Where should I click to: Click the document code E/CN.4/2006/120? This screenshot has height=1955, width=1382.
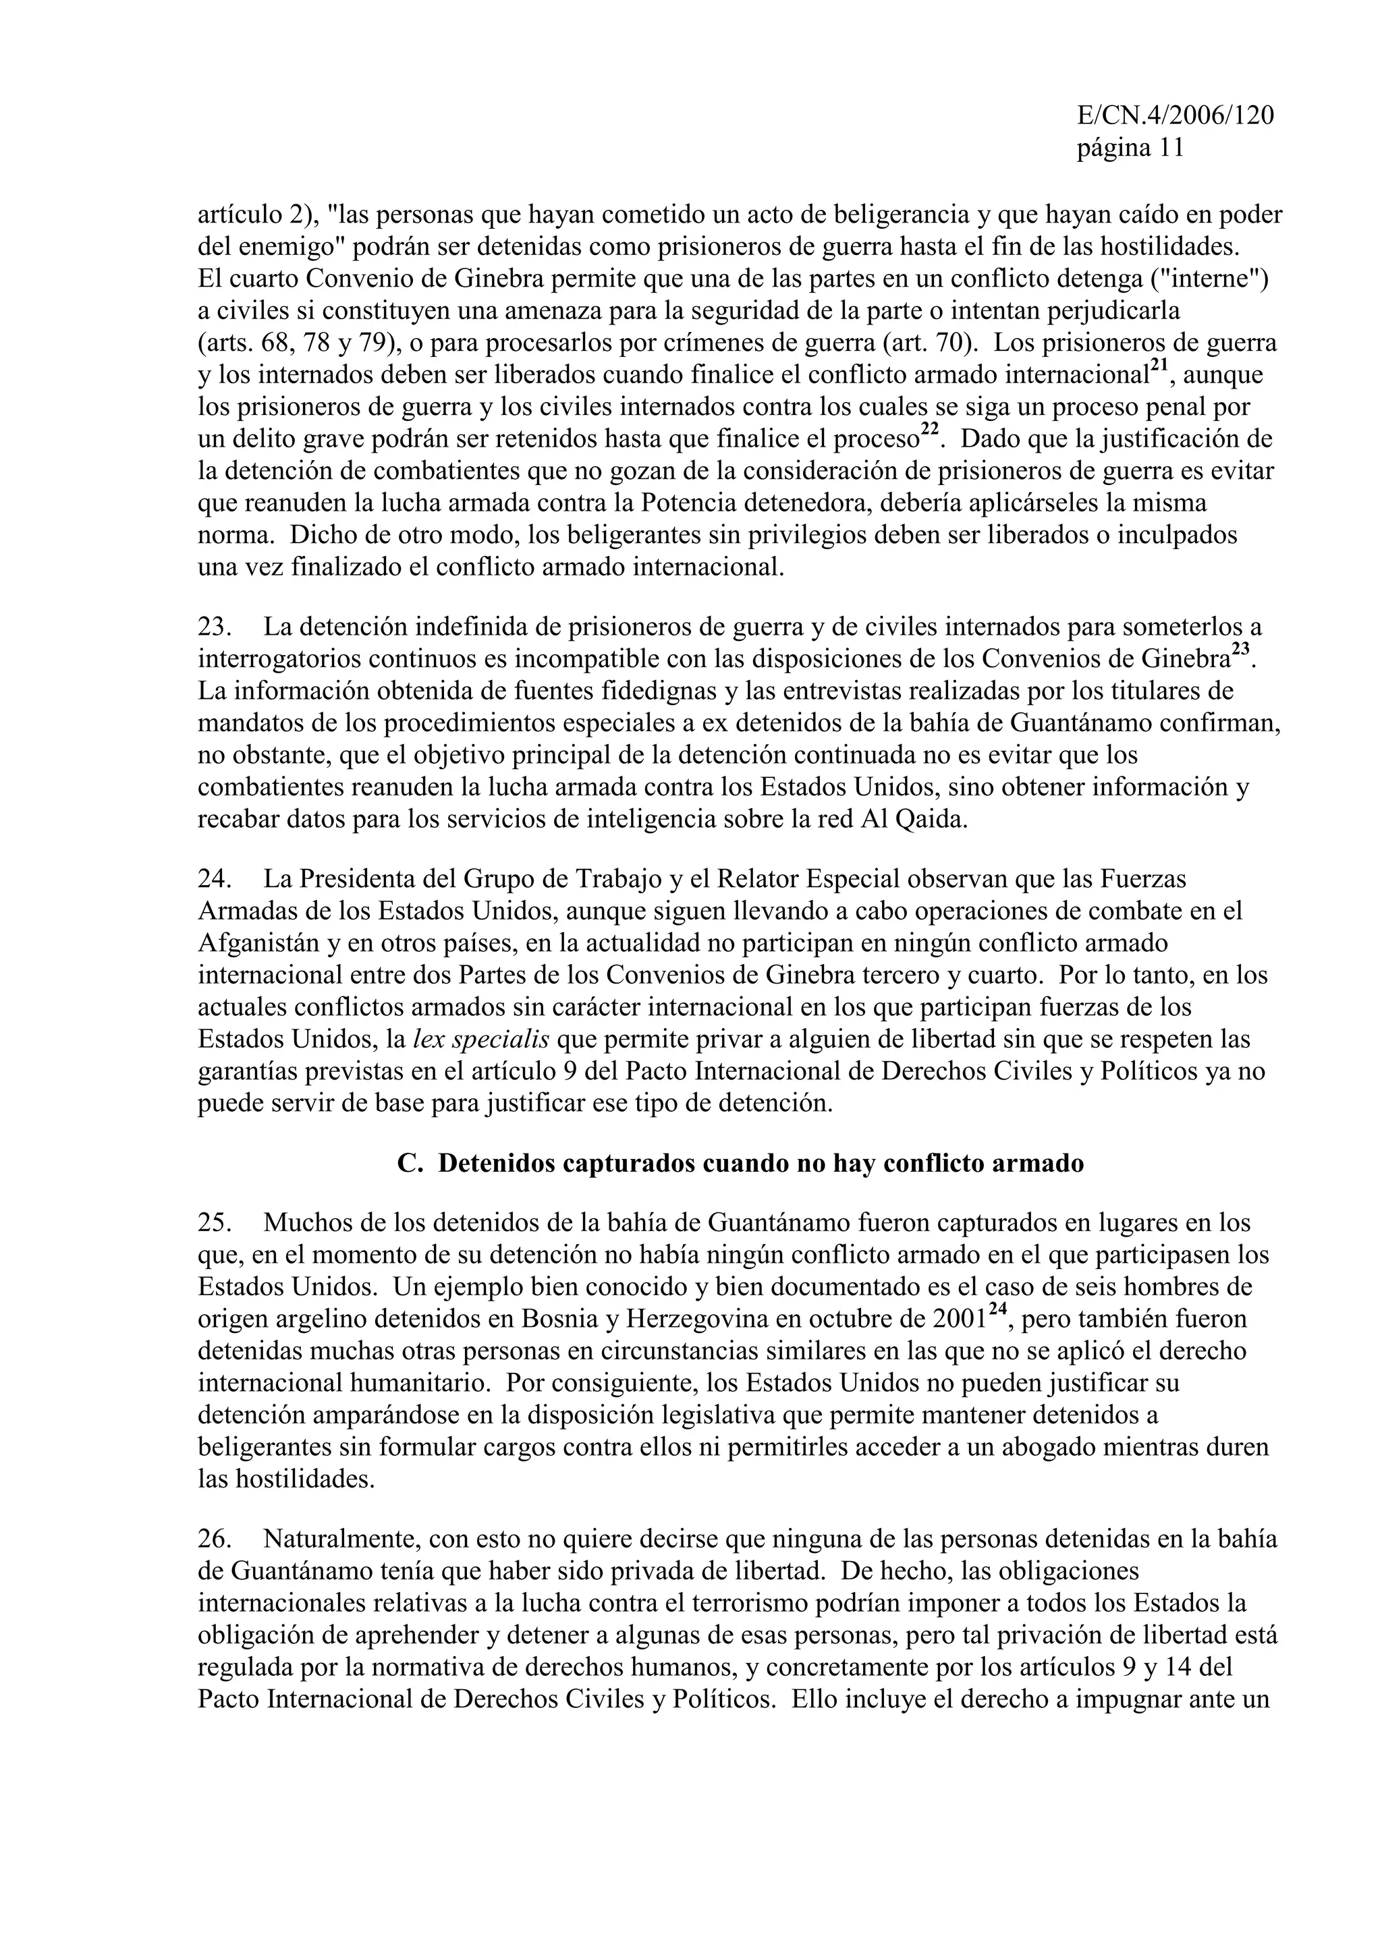1175,116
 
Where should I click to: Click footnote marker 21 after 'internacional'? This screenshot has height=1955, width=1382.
1159,367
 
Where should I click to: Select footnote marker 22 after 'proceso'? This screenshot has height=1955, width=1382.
930,431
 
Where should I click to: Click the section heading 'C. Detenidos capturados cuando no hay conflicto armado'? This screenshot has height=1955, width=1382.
740,1164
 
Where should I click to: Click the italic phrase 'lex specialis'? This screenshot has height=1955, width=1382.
480,1040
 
